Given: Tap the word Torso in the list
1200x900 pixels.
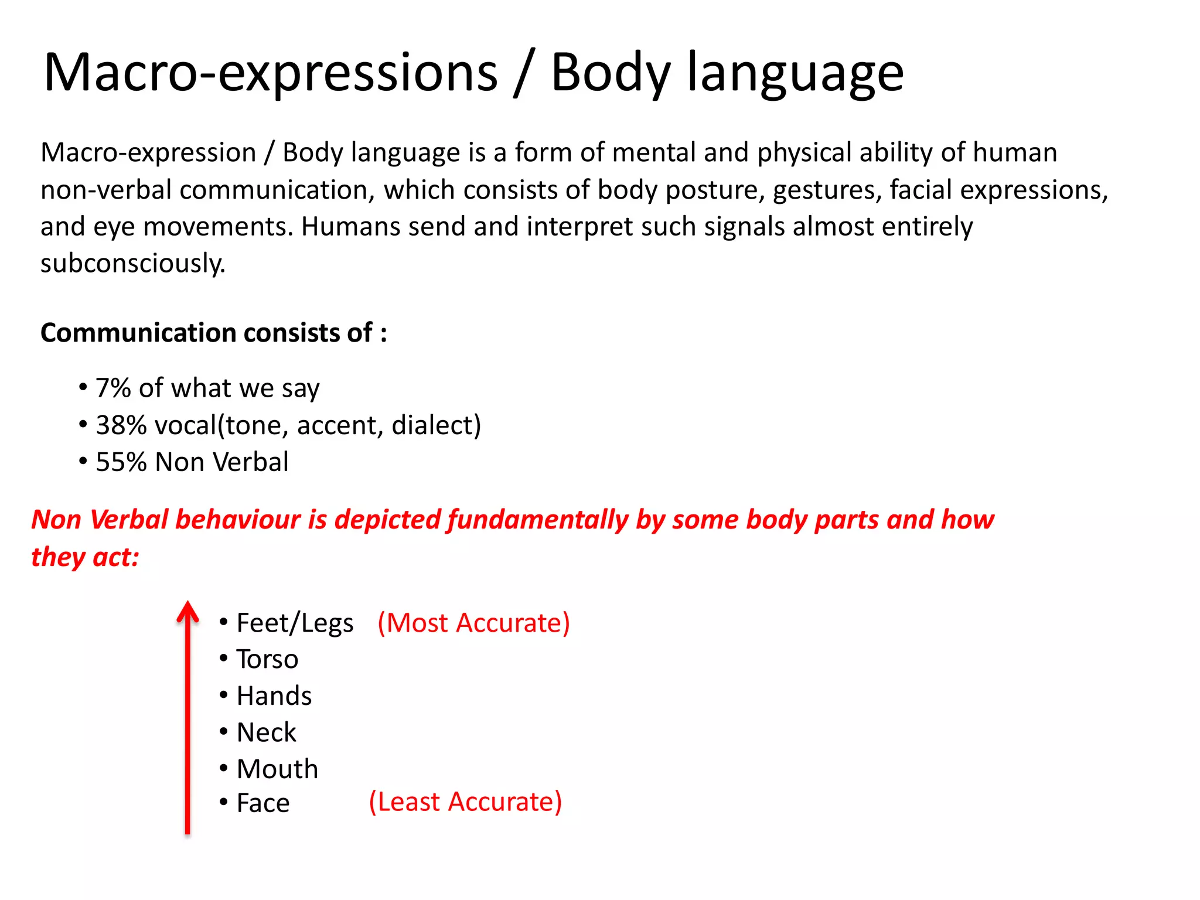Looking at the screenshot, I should coord(267,659).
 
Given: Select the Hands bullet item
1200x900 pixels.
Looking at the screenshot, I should coord(274,696).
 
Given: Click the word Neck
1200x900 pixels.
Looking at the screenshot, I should coord(267,732).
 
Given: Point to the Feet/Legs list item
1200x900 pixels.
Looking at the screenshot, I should coord(295,623).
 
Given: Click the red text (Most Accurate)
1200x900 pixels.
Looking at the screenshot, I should coord(473,623).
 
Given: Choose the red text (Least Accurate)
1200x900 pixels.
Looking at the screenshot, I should coord(465,802).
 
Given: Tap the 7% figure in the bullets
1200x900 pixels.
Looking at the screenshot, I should coord(113,388).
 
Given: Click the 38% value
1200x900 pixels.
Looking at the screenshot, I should coord(121,425).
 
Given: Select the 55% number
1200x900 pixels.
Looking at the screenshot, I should coord(121,462).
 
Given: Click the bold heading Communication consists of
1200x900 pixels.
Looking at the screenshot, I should coord(213,333).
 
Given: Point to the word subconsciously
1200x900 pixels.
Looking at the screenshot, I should coord(132,264).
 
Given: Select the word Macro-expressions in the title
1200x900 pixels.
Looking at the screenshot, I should coord(270,73).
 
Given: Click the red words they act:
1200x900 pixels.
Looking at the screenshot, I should coord(85,557).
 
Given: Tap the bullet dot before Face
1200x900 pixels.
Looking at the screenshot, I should coord(224,802).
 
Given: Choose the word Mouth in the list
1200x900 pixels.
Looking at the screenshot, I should coord(277,769).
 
